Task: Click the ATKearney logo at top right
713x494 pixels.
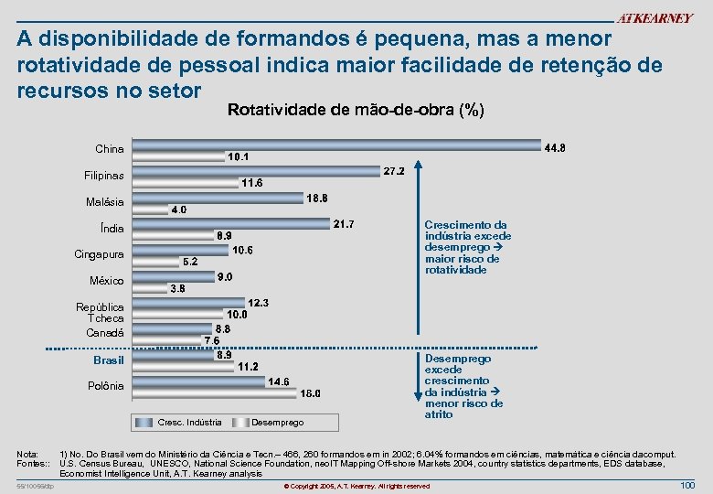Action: [x=654, y=18]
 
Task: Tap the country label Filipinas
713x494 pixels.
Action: [x=104, y=175]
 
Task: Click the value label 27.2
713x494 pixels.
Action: [x=395, y=171]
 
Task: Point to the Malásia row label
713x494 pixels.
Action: [x=104, y=201]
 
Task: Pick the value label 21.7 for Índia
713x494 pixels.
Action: [x=345, y=223]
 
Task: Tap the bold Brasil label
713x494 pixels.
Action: [x=109, y=360]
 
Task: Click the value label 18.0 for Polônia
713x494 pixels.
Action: [x=311, y=393]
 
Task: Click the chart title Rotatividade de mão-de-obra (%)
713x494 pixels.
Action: [x=355, y=111]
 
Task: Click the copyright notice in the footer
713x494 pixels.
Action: [x=356, y=485]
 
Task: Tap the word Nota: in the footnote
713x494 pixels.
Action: [x=27, y=454]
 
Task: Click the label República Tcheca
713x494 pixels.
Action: [x=100, y=313]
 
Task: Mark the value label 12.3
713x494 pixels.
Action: [x=259, y=302]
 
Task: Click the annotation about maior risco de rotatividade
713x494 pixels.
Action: [x=467, y=247]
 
